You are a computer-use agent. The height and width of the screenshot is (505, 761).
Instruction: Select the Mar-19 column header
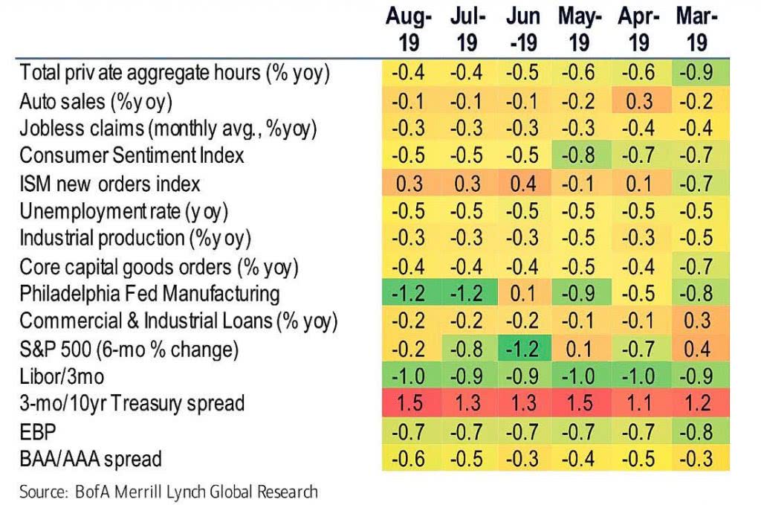pyautogui.click(x=696, y=30)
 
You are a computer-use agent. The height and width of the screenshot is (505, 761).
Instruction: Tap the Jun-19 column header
pyautogui.click(x=523, y=30)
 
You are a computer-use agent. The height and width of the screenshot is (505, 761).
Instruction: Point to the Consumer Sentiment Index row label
pyautogui.click(x=132, y=155)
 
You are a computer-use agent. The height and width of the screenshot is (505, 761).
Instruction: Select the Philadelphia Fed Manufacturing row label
pyautogui.click(x=149, y=293)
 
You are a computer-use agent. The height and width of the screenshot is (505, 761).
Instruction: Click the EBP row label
pyautogui.click(x=36, y=431)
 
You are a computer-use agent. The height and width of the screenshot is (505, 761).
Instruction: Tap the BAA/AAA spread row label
pyautogui.click(x=91, y=459)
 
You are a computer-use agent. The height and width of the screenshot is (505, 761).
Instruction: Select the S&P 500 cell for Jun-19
pyautogui.click(x=523, y=349)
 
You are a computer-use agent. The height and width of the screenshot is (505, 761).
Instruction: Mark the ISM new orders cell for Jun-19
pyautogui.click(x=523, y=183)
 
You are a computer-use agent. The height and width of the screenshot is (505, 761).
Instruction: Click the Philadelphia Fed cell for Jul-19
pyautogui.click(x=467, y=293)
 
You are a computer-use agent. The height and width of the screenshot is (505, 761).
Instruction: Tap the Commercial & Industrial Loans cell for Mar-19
pyautogui.click(x=696, y=321)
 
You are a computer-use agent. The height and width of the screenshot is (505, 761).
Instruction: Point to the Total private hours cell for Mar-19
pyautogui.click(x=696, y=72)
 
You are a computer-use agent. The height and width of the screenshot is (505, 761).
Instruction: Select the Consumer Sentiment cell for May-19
pyautogui.click(x=580, y=155)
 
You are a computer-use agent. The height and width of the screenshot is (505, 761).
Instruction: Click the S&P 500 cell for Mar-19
pyautogui.click(x=696, y=349)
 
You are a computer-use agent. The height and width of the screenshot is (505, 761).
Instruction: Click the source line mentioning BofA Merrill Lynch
pyautogui.click(x=169, y=492)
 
